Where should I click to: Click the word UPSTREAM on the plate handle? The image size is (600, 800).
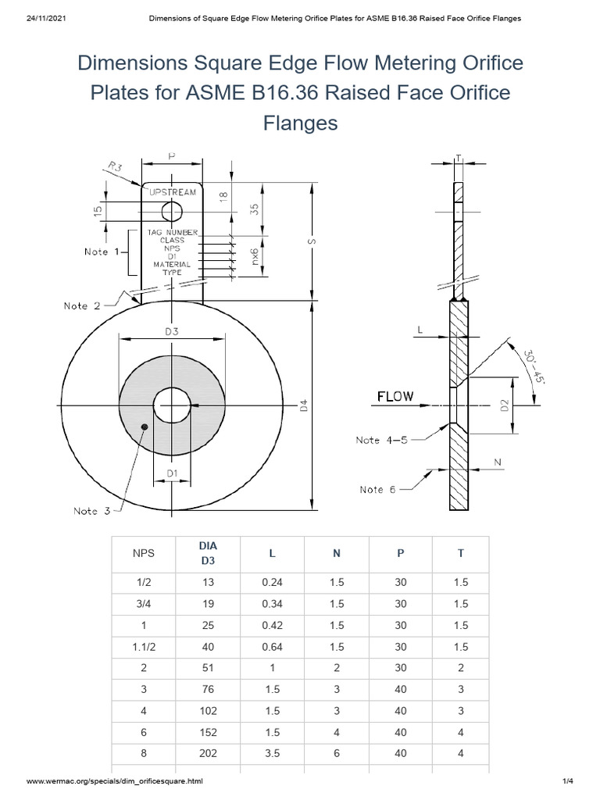click(172, 191)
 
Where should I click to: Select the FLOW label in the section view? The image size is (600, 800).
click(395, 396)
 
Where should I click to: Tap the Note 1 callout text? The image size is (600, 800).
click(102, 252)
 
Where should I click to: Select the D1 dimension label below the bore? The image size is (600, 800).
click(172, 474)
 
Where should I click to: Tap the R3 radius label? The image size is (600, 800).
click(115, 166)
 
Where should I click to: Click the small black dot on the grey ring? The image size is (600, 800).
click(144, 427)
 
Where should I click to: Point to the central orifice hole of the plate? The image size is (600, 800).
click(172, 406)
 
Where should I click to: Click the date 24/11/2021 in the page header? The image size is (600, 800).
click(49, 16)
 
